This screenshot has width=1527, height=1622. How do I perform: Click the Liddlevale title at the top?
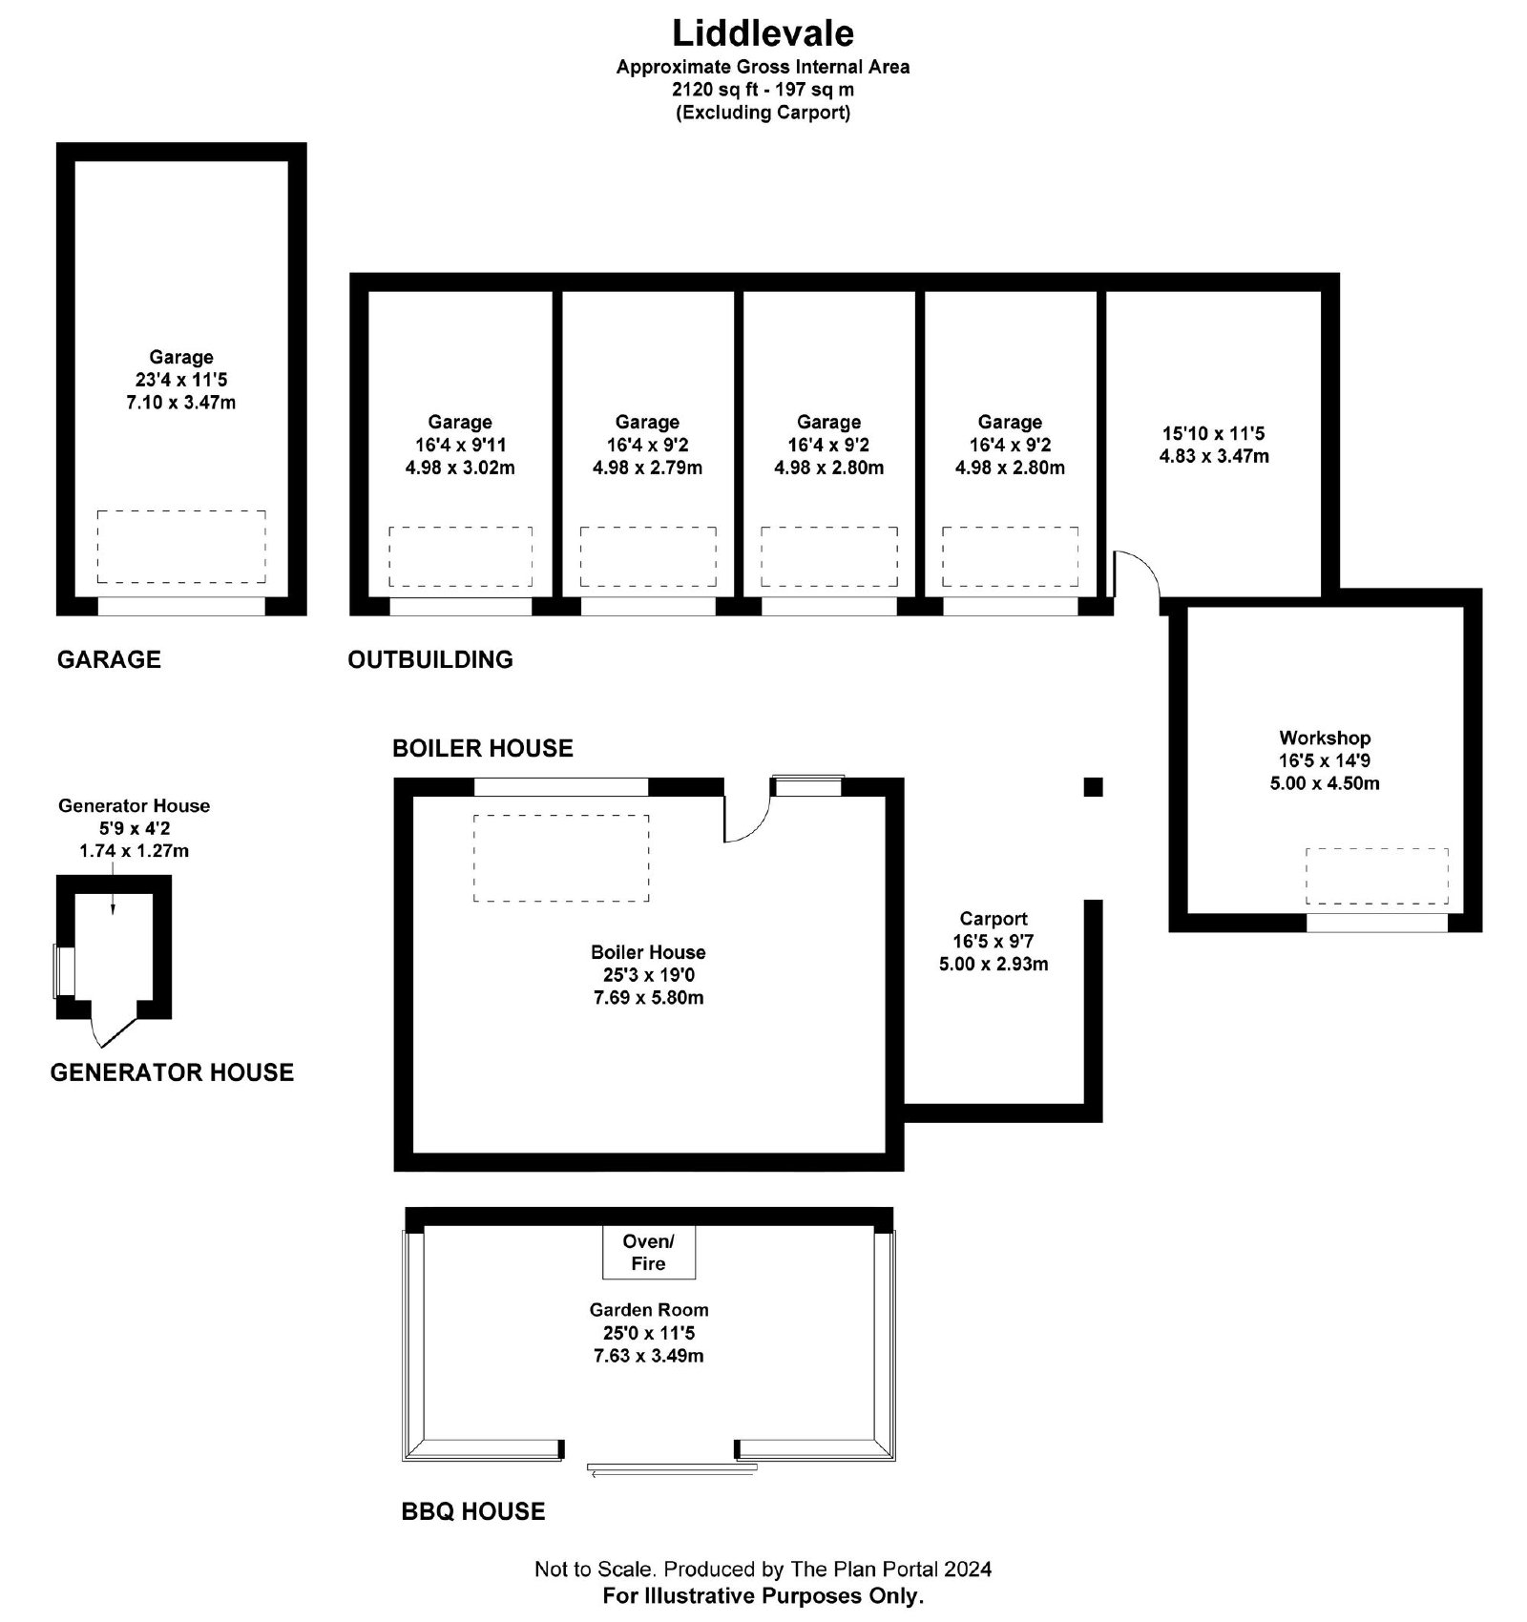[763, 32]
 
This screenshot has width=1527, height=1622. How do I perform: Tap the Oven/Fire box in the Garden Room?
[648, 1252]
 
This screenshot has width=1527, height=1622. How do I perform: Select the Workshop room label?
[1325, 738]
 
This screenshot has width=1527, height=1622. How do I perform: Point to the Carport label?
[994, 919]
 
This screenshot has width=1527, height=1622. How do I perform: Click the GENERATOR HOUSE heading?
[172, 1072]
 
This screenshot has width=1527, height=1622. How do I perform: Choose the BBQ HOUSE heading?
[473, 1511]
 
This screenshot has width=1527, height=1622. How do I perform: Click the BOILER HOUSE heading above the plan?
[483, 748]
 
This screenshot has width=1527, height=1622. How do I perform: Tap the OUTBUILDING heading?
[430, 659]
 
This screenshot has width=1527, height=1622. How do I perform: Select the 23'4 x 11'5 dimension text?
[181, 380]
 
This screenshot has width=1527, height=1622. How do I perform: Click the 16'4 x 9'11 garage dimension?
[460, 445]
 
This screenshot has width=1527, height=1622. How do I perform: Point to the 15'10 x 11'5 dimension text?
[1214, 433]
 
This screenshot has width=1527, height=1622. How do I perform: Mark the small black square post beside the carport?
[1093, 787]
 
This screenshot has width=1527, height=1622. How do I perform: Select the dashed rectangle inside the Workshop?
[1377, 876]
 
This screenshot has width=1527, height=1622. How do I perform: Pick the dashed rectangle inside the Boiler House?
[561, 859]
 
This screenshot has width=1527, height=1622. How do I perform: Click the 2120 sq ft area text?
[763, 90]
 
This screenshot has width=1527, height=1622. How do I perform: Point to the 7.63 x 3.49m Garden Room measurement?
[649, 1356]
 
